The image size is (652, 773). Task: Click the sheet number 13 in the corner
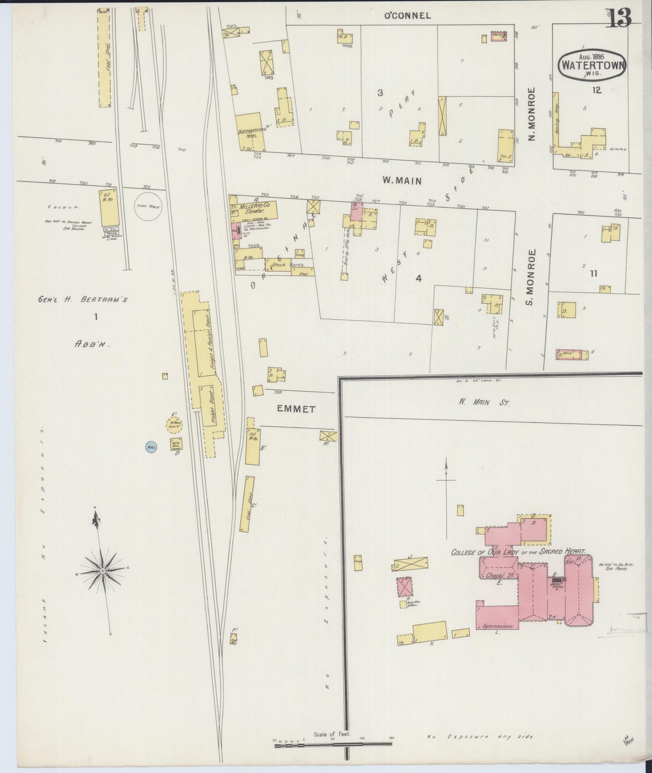click(x=620, y=18)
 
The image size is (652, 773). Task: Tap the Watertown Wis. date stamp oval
click(x=592, y=64)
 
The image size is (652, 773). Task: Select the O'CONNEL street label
click(x=407, y=16)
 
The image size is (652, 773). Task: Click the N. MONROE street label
click(x=532, y=114)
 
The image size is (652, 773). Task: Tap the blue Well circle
click(x=151, y=447)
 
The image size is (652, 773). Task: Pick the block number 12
click(x=597, y=90)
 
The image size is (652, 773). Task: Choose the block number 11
click(x=593, y=273)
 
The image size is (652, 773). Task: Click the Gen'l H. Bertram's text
click(x=83, y=299)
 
